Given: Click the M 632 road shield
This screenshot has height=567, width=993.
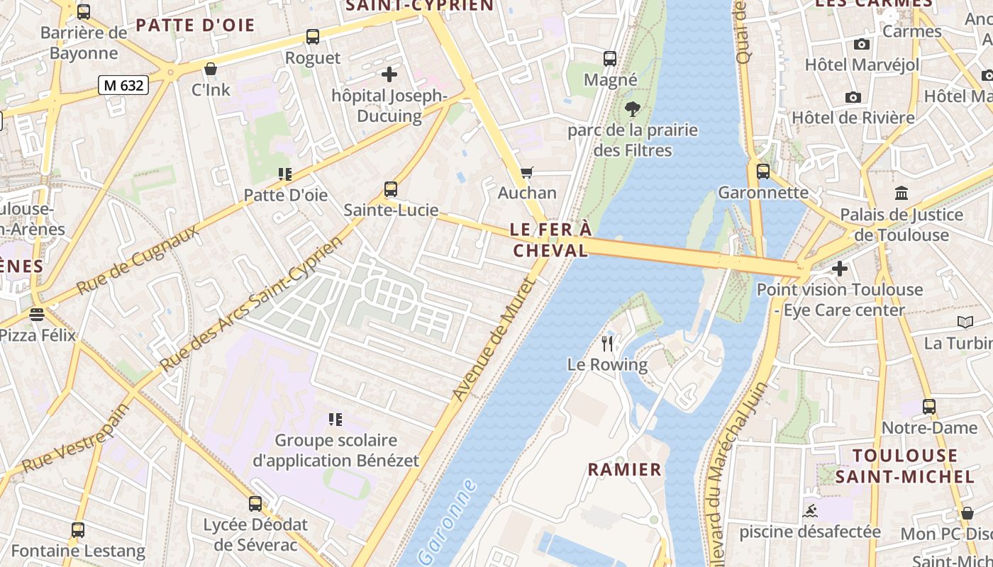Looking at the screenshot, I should pos(123,86).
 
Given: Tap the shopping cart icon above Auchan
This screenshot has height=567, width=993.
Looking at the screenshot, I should pos(526,173).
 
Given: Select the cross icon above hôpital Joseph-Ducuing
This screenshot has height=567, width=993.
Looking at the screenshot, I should pos(389,74).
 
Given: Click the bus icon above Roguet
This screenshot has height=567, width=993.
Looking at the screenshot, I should pos(313,37).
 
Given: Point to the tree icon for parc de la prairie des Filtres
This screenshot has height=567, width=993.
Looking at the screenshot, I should pos(632,109).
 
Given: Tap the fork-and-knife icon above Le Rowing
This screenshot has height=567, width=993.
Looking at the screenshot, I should pos(607,344).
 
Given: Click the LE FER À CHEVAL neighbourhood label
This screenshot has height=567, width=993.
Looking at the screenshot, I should pos(550,240).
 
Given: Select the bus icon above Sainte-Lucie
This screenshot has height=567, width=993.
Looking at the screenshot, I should pos(391,189).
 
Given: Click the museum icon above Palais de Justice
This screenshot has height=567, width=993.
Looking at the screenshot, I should pos(902,193).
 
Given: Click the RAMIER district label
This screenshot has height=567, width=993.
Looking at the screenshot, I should pos(624,469).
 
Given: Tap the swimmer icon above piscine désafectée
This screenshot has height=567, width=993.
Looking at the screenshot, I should pos(810,511).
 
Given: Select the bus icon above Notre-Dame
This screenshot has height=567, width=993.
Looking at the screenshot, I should pos(929,407).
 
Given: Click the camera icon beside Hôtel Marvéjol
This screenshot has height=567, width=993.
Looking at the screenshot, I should pos(862,44).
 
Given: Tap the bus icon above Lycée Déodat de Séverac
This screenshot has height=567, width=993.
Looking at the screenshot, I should pos(255,504).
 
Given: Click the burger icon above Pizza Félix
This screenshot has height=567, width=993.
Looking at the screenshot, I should pos(37,314).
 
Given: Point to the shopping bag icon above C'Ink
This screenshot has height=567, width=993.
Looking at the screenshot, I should pos(211,69).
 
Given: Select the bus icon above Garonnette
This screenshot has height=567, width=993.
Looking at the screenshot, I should pos(763,172).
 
